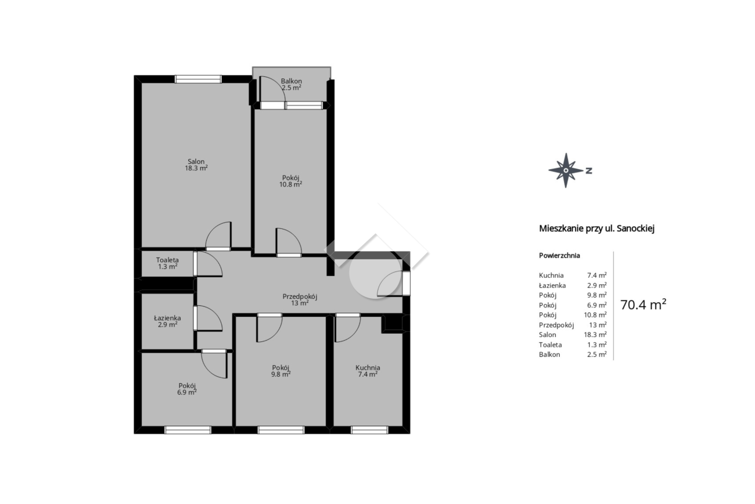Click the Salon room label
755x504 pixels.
click(196, 162)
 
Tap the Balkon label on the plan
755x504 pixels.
click(291, 81)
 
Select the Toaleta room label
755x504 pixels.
click(167, 260)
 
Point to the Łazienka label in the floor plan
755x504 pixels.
click(167, 318)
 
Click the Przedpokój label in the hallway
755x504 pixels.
click(300, 296)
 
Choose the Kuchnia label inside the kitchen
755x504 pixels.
click(368, 368)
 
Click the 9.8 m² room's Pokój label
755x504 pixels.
click(281, 368)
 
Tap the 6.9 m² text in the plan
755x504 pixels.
click(187, 392)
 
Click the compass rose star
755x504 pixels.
click(566, 170)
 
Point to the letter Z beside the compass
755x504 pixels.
click(588, 171)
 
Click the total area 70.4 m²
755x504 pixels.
click(643, 305)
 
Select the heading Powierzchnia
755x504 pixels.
click(559, 256)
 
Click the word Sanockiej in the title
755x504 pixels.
click(636, 228)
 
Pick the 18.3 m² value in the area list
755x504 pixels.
click(595, 335)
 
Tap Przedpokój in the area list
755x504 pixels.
click(556, 325)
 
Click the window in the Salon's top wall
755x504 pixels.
click(198, 79)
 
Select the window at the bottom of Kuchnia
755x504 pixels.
click(369, 430)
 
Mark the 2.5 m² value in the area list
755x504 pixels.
click(597, 355)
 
